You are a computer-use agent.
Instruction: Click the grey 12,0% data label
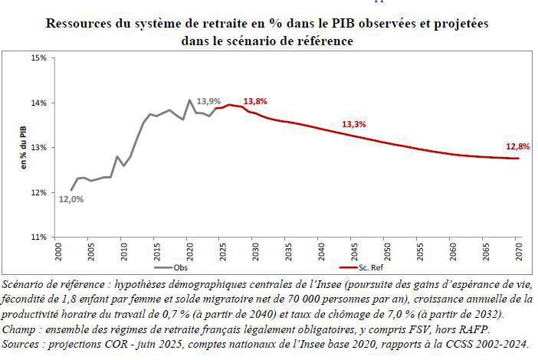pyautogui.click(x=71, y=199)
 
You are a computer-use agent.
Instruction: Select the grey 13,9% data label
pyautogui.click(x=208, y=101)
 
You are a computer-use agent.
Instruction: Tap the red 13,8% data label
pyautogui.click(x=255, y=101)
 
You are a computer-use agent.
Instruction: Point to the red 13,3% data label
pyautogui.click(x=353, y=124)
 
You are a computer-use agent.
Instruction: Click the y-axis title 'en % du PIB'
pyautogui.click(x=23, y=147)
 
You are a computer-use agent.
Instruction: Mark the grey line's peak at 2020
pyautogui.click(x=189, y=100)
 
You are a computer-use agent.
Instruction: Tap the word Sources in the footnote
pyautogui.click(x=25, y=345)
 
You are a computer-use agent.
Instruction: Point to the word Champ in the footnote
pyautogui.click(x=21, y=329)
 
